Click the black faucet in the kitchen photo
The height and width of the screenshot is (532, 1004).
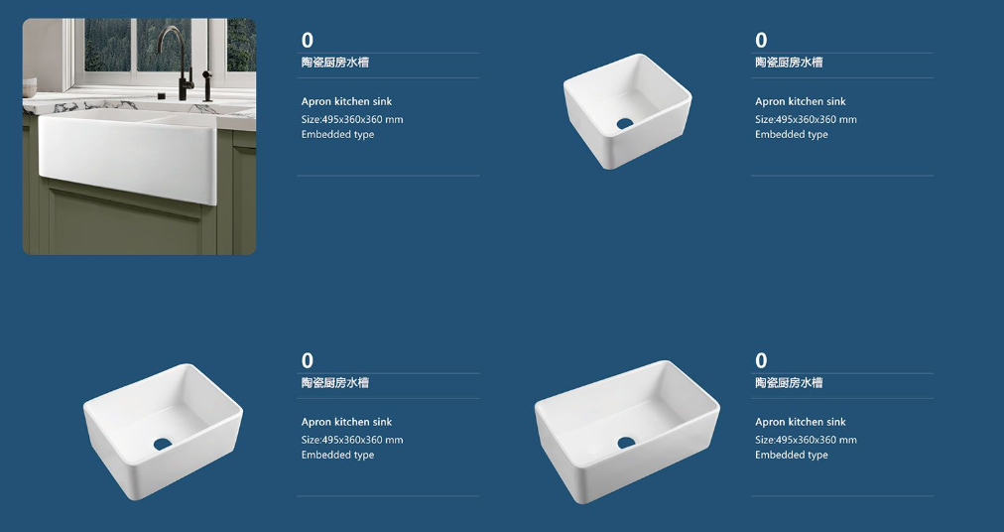tap(182, 65)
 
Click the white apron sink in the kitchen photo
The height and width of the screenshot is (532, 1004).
tap(128, 154)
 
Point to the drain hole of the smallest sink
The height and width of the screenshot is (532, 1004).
tap(625, 123)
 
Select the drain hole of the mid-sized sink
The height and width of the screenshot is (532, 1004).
tap(163, 444)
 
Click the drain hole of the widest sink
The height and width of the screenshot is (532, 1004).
tap(626, 443)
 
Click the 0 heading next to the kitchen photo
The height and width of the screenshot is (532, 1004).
tap(308, 41)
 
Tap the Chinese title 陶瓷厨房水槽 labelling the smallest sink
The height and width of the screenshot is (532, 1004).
tap(789, 63)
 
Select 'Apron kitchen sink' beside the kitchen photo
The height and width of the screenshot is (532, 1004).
tap(346, 101)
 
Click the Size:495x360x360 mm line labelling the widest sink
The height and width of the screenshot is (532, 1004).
tap(806, 440)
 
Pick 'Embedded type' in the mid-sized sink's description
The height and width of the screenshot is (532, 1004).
tap(337, 456)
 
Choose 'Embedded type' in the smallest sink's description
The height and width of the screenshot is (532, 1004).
tap(792, 135)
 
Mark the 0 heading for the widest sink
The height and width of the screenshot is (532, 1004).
tap(761, 361)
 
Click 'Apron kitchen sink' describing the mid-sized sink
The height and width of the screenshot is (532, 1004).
tap(346, 422)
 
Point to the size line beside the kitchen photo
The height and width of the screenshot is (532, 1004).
tap(352, 119)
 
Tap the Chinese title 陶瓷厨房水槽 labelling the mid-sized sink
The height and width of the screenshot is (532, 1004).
tap(335, 383)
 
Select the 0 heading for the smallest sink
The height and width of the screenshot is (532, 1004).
tap(761, 41)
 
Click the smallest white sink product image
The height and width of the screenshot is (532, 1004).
tap(627, 111)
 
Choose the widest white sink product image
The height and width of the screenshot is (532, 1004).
tap(627, 432)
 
